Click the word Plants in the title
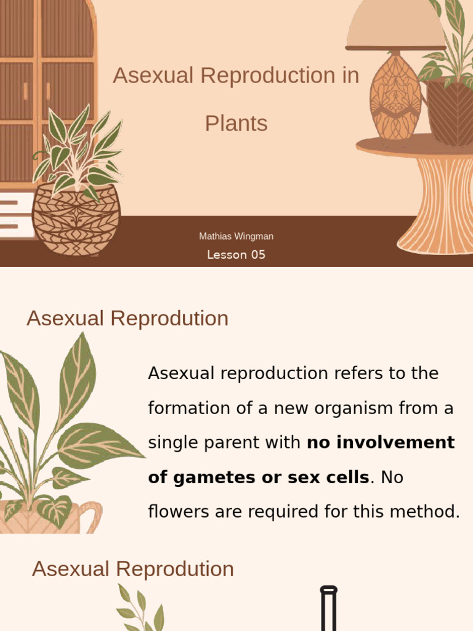click(x=236, y=124)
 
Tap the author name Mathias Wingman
click(x=236, y=236)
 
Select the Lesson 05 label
click(x=236, y=254)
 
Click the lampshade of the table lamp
click(x=395, y=25)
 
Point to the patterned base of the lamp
click(x=395, y=96)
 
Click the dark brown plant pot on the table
click(x=450, y=111)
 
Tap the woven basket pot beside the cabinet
click(x=76, y=219)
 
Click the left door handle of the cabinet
click(x=26, y=91)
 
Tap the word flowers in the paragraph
click(x=178, y=511)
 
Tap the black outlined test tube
click(x=329, y=610)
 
